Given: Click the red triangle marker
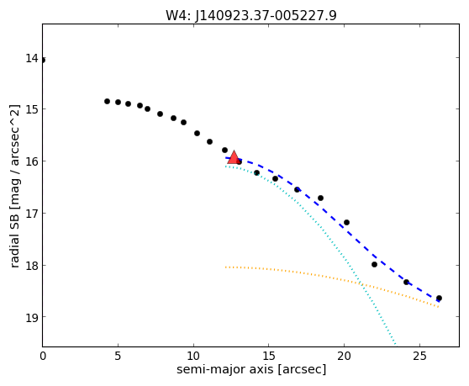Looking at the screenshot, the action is [x=234, y=158].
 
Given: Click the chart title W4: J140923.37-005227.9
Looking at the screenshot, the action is [x=251, y=15].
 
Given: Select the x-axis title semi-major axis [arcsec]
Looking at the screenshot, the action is [x=251, y=369].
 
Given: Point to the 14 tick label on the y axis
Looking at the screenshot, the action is [x=32, y=58].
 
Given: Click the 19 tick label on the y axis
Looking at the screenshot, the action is [x=32, y=317].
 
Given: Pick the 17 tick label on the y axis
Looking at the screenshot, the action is [x=32, y=214].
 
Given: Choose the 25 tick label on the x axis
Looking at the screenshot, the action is [x=419, y=356].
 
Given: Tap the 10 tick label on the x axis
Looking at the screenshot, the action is [x=193, y=356].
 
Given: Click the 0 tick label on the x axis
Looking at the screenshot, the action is [x=43, y=356].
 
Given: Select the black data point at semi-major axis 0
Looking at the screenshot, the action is [x=43, y=61].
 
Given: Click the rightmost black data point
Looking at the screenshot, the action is [x=439, y=298].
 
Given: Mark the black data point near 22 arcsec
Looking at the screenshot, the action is [x=374, y=265].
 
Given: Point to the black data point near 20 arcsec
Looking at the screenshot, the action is [x=346, y=222].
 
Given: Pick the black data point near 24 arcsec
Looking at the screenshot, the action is [x=406, y=282].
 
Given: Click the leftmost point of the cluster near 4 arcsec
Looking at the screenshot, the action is [x=107, y=102].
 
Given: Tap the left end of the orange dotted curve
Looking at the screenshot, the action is [x=226, y=267].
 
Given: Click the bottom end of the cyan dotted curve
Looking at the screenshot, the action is [x=395, y=344].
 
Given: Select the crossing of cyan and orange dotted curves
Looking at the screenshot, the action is [x=362, y=284].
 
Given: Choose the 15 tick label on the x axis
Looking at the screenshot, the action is [x=269, y=356].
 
